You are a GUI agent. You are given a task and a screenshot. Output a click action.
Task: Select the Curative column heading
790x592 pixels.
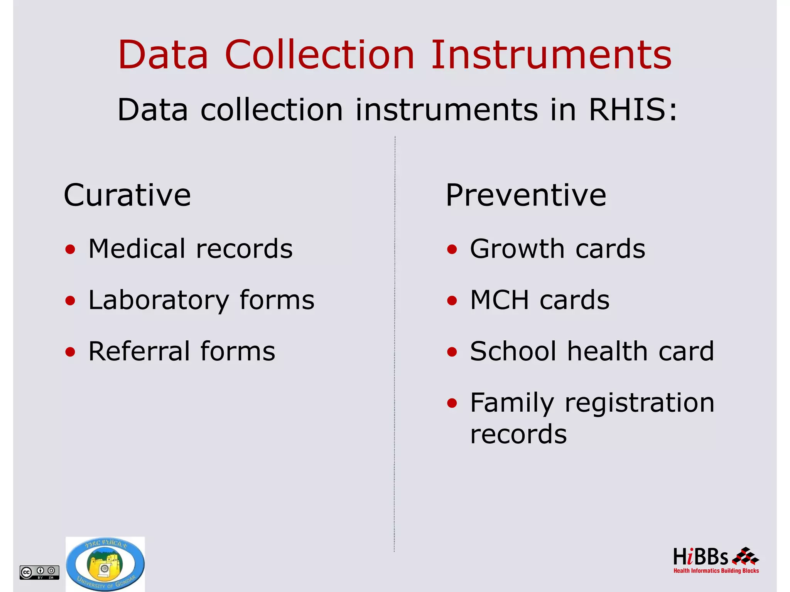pyautogui.click(x=127, y=195)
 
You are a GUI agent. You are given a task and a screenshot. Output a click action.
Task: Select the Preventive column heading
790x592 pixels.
pyautogui.click(x=526, y=195)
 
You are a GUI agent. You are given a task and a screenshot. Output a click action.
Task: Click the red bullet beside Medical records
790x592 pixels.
pyautogui.click(x=70, y=250)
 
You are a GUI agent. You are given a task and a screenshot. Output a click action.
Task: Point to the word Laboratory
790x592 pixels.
pyautogui.click(x=159, y=300)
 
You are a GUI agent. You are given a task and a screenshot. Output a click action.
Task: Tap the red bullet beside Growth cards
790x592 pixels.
pyautogui.click(x=452, y=250)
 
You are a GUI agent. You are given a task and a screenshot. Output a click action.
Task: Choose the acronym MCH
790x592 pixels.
pyautogui.click(x=500, y=300)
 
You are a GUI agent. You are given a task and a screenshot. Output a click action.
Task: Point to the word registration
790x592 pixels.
pyautogui.click(x=639, y=403)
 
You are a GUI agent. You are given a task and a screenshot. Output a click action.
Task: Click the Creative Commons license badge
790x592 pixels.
pyautogui.click(x=39, y=572)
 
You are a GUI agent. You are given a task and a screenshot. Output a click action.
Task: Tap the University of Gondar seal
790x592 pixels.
pyautogui.click(x=105, y=564)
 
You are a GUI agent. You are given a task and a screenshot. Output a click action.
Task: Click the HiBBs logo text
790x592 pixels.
pyautogui.click(x=700, y=557)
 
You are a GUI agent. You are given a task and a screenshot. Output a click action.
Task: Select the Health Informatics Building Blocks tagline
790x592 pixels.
pyautogui.click(x=716, y=571)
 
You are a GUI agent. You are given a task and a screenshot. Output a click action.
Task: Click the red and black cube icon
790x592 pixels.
pyautogui.click(x=745, y=556)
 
